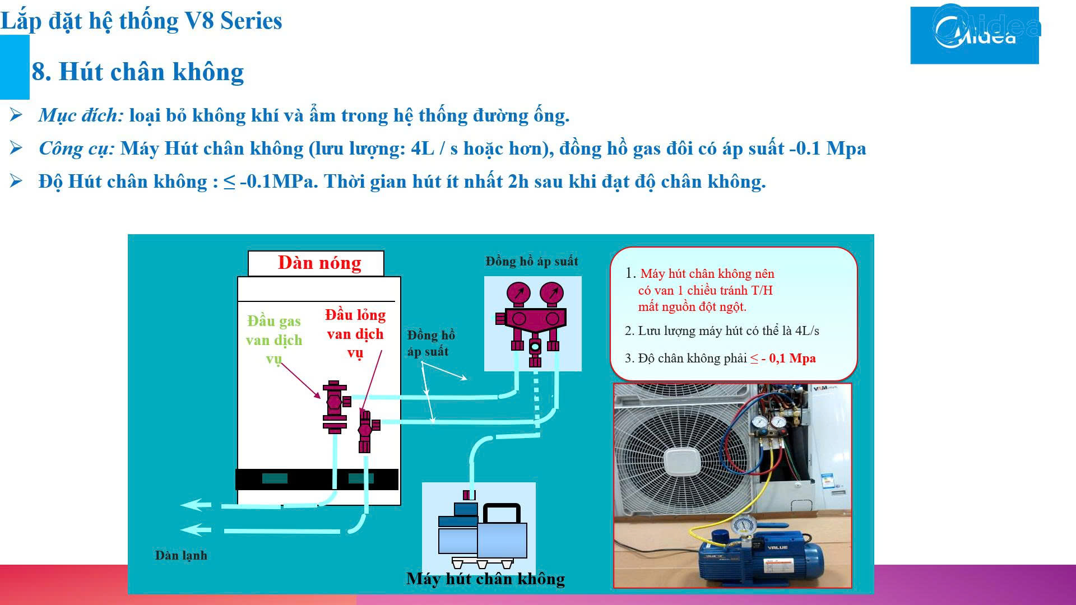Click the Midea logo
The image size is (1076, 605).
coord(975,35)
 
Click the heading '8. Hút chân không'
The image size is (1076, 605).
coord(138,72)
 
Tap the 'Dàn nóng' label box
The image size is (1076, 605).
coord(316,263)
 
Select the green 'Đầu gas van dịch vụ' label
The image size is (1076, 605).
coord(274,340)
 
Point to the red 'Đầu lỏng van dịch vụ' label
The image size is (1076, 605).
coord(355,334)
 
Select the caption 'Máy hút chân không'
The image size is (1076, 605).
coord(485,579)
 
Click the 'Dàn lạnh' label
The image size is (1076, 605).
coord(181,555)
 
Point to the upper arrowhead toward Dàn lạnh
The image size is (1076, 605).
coord(193,505)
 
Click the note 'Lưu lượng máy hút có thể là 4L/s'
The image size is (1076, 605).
coord(722,331)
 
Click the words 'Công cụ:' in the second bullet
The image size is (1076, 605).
coord(77,148)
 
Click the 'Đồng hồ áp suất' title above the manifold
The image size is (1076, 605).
coord(532,262)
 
